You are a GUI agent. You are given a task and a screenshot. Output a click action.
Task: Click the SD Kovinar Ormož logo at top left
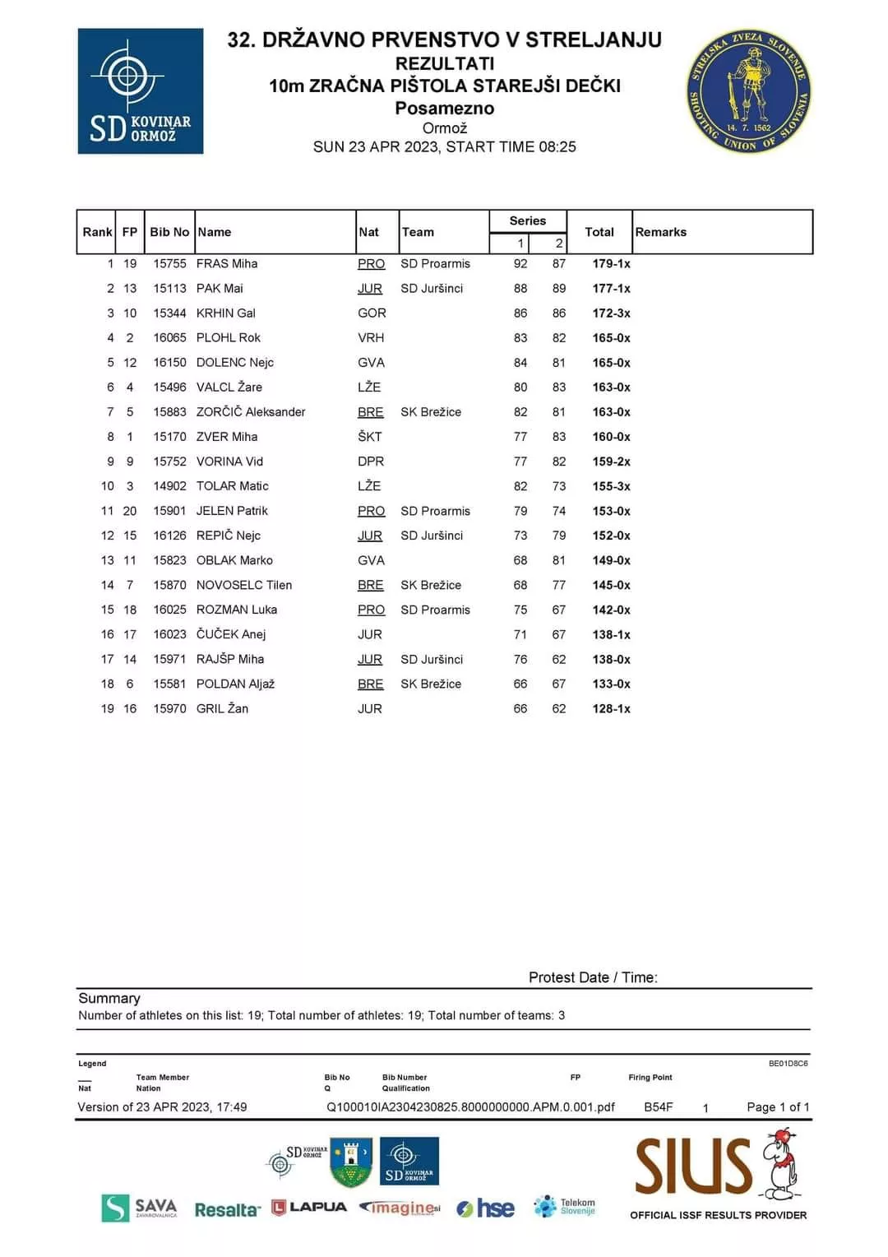(x=140, y=91)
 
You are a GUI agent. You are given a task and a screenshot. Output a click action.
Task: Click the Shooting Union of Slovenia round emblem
(x=748, y=91)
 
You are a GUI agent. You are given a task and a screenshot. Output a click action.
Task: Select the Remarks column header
(x=660, y=232)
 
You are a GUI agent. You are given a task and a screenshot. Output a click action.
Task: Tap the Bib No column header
(x=169, y=232)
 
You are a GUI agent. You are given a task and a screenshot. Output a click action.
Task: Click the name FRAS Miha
(x=227, y=264)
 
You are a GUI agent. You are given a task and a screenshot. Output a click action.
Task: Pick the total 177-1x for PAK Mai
(x=611, y=289)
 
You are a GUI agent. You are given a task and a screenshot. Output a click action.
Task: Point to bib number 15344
(x=169, y=313)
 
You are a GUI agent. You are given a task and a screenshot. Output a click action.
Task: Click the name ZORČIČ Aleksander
(x=251, y=412)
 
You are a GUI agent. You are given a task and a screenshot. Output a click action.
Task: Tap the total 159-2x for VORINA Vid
(x=611, y=462)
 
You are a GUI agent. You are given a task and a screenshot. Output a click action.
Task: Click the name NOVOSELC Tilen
(x=244, y=585)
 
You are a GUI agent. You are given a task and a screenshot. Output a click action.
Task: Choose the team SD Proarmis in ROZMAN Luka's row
(x=435, y=610)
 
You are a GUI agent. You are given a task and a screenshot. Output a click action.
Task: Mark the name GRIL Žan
(x=222, y=708)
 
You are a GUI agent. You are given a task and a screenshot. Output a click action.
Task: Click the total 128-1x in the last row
(x=611, y=708)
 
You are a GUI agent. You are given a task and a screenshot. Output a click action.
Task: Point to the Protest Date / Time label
(x=593, y=977)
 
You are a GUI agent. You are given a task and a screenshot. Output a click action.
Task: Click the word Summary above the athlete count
(x=109, y=998)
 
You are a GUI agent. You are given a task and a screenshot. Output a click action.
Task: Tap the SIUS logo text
(x=693, y=1166)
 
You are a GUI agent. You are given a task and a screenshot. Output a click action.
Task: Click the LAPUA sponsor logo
(x=309, y=1207)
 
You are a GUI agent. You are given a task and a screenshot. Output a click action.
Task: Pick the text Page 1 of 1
(x=778, y=1107)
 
